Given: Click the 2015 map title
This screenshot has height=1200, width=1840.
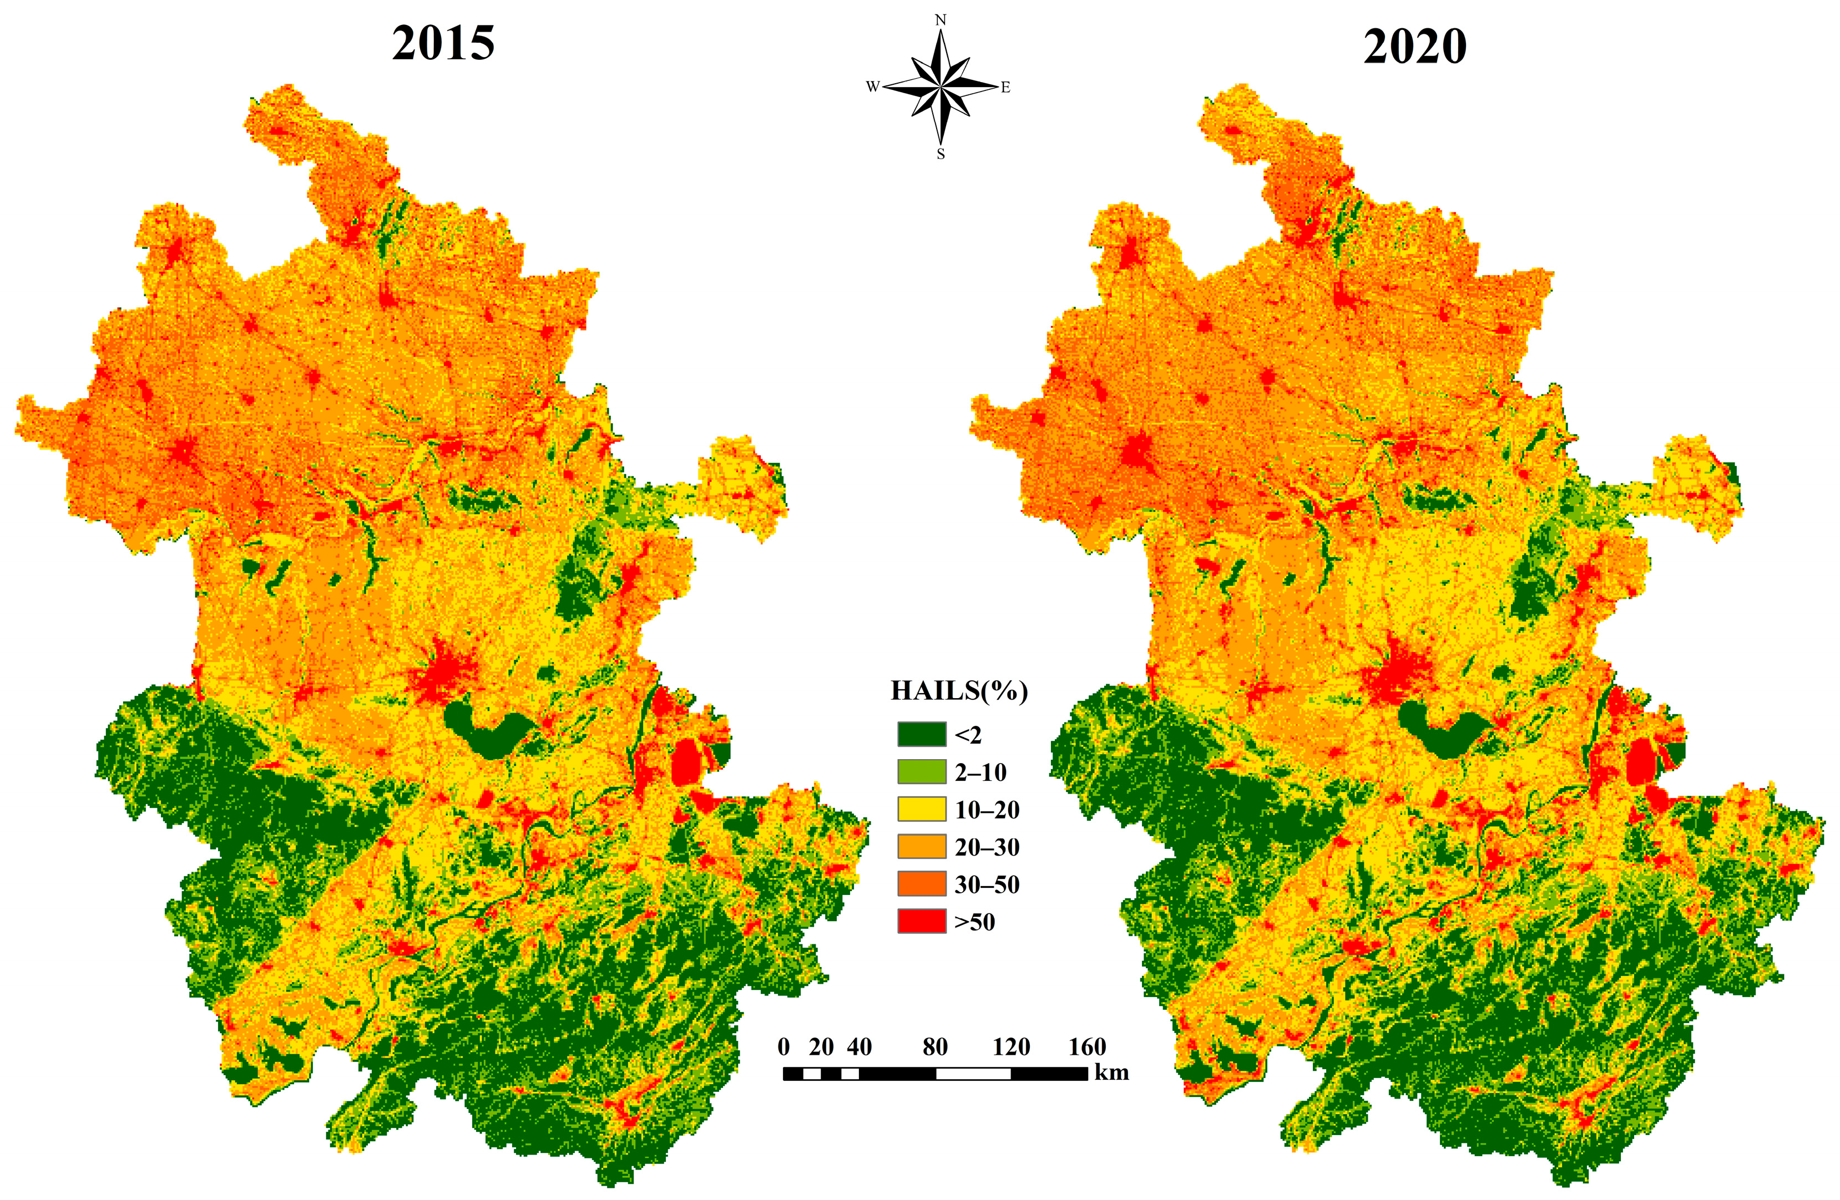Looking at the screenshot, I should point(443,44).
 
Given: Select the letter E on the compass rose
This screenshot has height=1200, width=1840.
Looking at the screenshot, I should point(1006,87).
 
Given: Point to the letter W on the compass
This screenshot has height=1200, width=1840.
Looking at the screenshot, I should point(872,87).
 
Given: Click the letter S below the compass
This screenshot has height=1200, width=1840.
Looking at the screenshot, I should point(941,154).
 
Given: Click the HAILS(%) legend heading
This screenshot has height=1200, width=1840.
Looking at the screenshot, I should point(959,691).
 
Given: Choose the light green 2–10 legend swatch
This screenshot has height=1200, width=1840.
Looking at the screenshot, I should point(922,771).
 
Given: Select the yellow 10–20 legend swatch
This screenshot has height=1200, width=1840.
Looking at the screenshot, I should point(922,809).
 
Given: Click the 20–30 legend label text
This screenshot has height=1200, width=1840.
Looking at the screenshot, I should point(987,847).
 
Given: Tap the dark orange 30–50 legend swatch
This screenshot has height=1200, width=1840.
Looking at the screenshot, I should point(922,883).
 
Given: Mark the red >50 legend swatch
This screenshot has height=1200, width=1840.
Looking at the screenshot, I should point(922,921).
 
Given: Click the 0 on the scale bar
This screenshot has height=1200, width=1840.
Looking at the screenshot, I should point(784,1047).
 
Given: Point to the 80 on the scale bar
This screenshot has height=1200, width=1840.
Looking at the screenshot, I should point(934,1047).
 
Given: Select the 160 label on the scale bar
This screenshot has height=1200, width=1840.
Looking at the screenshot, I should point(1087,1047).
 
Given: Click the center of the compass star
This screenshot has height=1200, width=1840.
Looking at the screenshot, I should point(941,87).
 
